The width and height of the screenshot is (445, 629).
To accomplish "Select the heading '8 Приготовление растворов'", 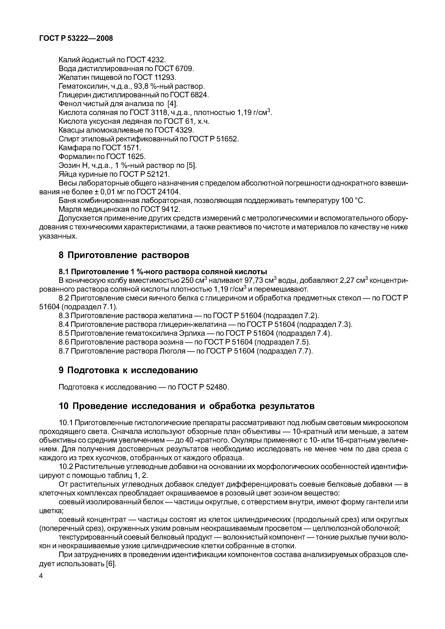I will [x=124, y=255].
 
